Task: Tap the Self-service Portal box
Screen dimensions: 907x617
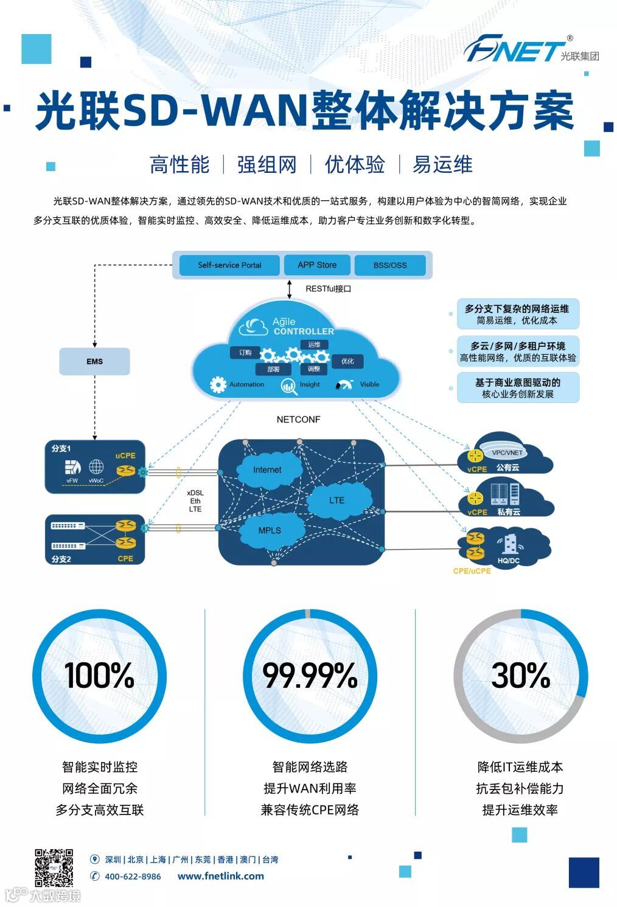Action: pos(229,265)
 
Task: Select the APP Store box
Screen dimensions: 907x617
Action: pos(316,265)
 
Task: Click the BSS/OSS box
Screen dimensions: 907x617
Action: pos(390,265)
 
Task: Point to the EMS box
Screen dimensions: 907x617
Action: pos(94,361)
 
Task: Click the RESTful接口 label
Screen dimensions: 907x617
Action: pos(328,289)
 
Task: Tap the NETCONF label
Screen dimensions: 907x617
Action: pos(298,419)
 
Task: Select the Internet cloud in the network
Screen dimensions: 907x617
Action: pos(268,469)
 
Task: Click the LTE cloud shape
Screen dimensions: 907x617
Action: pos(336,500)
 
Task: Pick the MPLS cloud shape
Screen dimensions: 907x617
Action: pos(270,530)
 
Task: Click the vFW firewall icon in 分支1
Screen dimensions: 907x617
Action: pos(72,468)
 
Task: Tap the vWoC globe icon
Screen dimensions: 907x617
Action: pos(96,468)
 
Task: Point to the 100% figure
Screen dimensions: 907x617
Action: pos(99,675)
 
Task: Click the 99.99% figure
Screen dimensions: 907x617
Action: pos(310,675)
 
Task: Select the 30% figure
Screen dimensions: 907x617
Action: pos(520,675)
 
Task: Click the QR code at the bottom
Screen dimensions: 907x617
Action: pos(54,867)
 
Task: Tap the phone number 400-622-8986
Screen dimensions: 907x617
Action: pos(133,877)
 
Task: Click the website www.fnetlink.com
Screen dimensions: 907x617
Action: pos(221,877)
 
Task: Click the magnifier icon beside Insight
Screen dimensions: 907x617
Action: pos(289,386)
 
